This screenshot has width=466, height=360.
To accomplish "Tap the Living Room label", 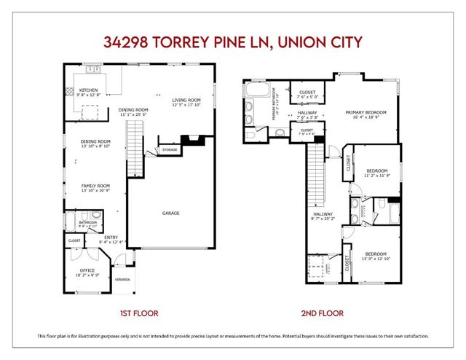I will point(186,101).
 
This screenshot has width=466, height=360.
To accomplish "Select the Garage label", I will point(172,214).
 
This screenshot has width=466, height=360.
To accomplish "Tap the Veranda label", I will point(122,280).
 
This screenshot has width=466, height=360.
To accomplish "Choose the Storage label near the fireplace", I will point(169,149).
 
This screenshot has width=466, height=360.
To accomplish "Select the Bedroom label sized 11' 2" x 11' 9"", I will point(377,172).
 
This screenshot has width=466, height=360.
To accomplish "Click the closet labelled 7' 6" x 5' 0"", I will point(307,94).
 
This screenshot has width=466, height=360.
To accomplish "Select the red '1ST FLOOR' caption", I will point(139,313).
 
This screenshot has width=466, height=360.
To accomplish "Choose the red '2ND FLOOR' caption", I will point(323,313).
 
